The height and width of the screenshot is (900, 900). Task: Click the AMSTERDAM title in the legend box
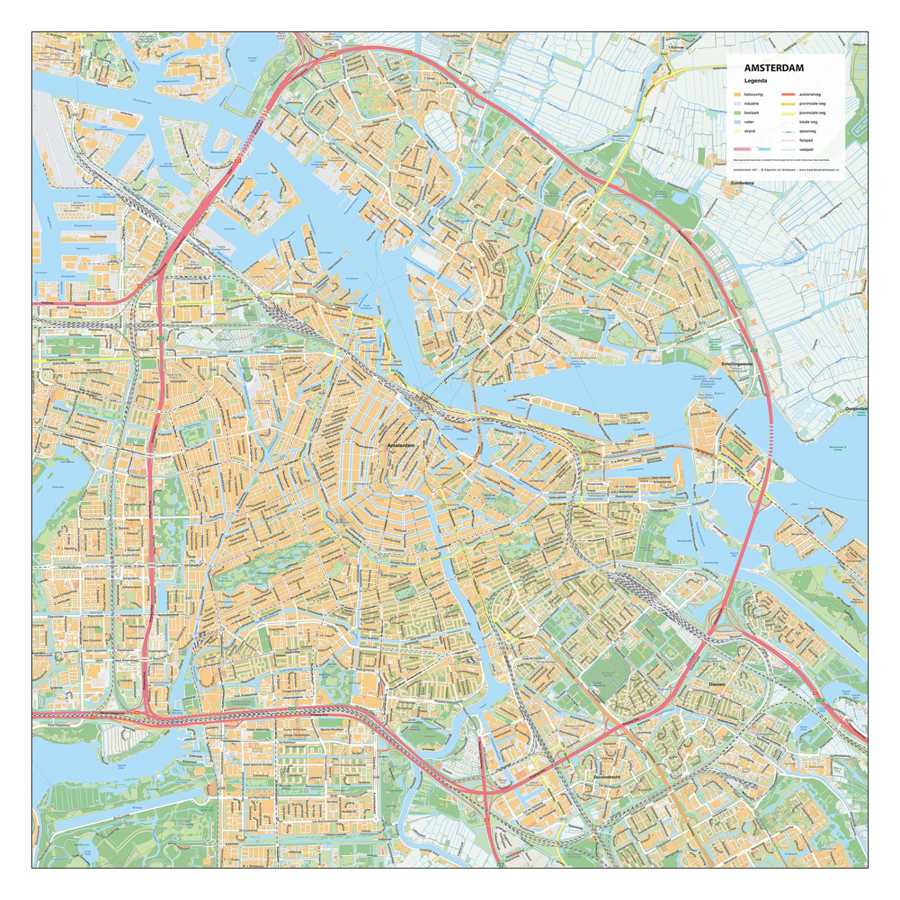pyautogui.click(x=773, y=68)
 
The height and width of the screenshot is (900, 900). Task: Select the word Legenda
pyautogui.click(x=755, y=81)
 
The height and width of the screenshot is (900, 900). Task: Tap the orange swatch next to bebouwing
pyautogui.click(x=737, y=94)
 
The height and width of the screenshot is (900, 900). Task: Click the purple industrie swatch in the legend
pyautogui.click(x=737, y=103)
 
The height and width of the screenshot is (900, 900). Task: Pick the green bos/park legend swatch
pyautogui.click(x=737, y=113)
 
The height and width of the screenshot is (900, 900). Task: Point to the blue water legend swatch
pyautogui.click(x=737, y=122)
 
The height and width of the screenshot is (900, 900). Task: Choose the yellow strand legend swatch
pyautogui.click(x=737, y=131)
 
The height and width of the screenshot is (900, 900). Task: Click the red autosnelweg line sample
pyautogui.click(x=788, y=94)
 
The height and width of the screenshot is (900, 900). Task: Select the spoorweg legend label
pyautogui.click(x=807, y=131)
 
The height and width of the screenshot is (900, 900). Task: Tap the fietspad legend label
pyautogui.click(x=805, y=141)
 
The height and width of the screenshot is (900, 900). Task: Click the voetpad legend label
pyautogui.click(x=805, y=150)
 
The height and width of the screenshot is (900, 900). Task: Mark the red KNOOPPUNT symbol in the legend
pyautogui.click(x=742, y=150)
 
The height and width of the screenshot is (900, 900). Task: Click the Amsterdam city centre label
pyautogui.click(x=400, y=445)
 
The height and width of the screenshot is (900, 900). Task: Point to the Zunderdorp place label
pyautogui.click(x=741, y=183)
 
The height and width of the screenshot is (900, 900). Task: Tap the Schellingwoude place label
pyautogui.click(x=737, y=364)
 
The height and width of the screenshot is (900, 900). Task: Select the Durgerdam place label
pyautogui.click(x=856, y=409)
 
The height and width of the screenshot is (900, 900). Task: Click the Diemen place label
pyautogui.click(x=717, y=685)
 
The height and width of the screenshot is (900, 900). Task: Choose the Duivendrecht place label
pyautogui.click(x=606, y=777)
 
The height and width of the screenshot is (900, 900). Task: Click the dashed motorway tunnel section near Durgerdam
pyautogui.click(x=771, y=439)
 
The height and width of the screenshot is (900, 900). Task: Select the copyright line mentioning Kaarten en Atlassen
pyautogui.click(x=785, y=169)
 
